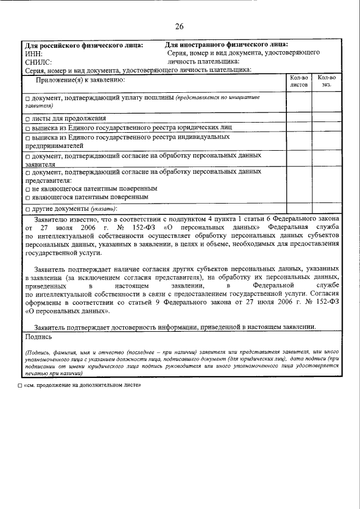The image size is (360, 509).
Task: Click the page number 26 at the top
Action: pyautogui.click(x=179, y=26)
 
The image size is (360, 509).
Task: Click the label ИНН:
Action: pyautogui.click(x=34, y=53)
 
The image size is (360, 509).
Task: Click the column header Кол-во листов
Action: pyautogui.click(x=299, y=82)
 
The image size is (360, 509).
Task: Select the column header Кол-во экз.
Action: pyautogui.click(x=326, y=82)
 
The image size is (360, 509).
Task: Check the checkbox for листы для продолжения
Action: pyautogui.click(x=28, y=119)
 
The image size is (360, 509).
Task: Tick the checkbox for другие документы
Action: pyautogui.click(x=28, y=209)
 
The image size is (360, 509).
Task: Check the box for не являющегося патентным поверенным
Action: pyautogui.click(x=28, y=190)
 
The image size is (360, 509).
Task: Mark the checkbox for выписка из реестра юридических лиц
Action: pyautogui.click(x=28, y=128)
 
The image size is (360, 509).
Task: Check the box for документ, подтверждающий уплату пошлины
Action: pyautogui.click(x=28, y=99)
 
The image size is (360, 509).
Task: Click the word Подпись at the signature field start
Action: pyautogui.click(x=39, y=337)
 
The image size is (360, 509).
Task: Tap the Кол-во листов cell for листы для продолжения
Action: pyautogui.click(x=299, y=119)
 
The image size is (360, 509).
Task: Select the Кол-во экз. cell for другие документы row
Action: pyautogui.click(x=326, y=209)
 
